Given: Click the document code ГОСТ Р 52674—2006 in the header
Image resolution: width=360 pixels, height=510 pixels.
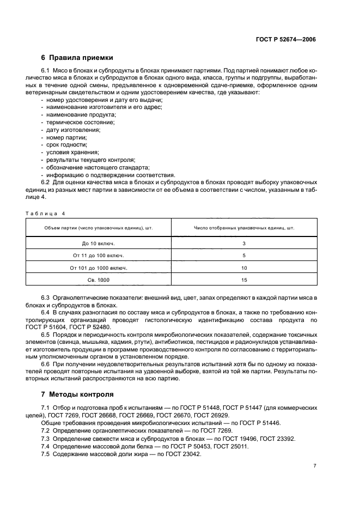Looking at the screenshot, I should (286, 40).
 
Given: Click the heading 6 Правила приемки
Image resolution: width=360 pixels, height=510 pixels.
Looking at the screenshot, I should (77, 58).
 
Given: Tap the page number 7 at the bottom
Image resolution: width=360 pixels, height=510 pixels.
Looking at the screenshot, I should (315, 466).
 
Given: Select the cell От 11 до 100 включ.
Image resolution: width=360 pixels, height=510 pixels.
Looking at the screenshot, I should (99, 255).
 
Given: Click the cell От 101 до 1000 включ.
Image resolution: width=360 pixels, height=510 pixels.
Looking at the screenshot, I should (99, 268).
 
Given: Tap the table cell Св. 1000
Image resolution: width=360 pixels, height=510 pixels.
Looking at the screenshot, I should (99, 280).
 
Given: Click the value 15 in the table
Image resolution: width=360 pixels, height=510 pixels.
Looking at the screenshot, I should (244, 280).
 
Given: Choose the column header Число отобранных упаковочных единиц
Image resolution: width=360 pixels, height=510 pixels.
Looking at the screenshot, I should (244, 228).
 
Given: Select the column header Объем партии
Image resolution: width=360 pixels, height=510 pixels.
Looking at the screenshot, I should (99, 228).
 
